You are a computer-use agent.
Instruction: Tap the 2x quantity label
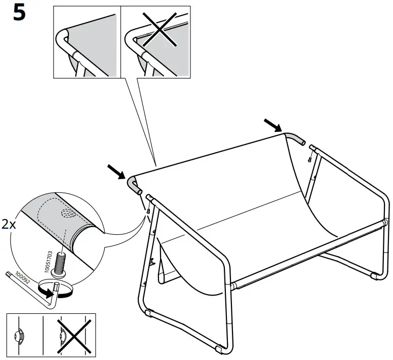[x=10, y=224]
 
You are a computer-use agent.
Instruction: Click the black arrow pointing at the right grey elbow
[x=272, y=124]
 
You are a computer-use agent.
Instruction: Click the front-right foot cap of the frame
[x=219, y=350]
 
